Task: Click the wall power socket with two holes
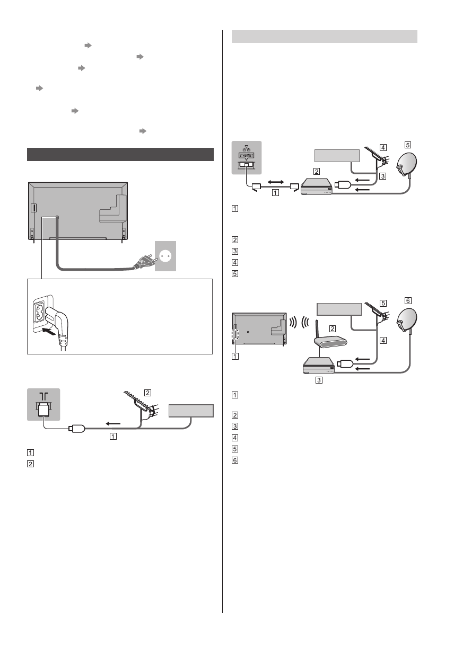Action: point(165,256)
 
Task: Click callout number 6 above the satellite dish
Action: point(407,300)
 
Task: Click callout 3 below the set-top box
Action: point(319,380)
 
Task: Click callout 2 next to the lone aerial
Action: point(148,393)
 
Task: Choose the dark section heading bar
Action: point(120,154)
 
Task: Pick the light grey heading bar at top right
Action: point(325,37)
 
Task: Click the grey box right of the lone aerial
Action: point(191,411)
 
